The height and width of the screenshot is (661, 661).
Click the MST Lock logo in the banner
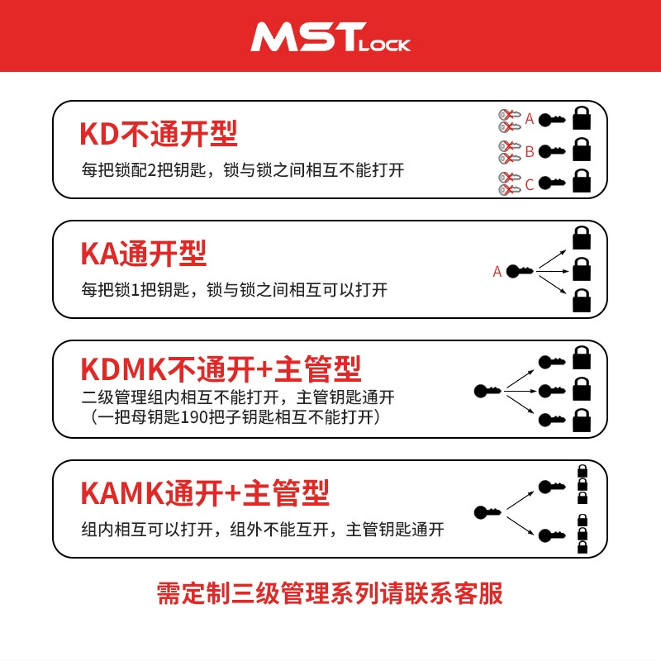tap(330, 37)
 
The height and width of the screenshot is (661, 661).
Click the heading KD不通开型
tap(159, 134)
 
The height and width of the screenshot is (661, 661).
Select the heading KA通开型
tap(143, 254)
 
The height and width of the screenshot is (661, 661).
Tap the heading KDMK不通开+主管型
tap(221, 369)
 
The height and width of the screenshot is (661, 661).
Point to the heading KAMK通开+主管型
tap(205, 492)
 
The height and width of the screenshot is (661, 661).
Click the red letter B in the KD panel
tap(530, 151)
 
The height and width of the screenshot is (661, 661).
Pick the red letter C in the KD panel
tap(530, 184)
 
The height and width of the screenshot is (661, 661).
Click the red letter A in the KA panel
tap(497, 272)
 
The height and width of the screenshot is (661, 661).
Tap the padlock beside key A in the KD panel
tap(582, 118)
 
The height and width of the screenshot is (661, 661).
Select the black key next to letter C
tap(552, 183)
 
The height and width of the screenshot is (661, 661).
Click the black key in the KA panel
tap(520, 271)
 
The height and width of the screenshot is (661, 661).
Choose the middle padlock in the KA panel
tap(582, 269)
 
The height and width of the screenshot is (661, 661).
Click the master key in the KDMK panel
tap(487, 391)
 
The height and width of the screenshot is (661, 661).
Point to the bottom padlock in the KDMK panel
tap(582, 420)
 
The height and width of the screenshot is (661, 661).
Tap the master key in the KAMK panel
tap(487, 512)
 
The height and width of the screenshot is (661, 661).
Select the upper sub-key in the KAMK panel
tap(552, 487)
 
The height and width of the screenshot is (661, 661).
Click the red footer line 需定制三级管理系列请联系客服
tap(330, 593)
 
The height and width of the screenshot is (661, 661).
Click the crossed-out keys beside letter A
tap(509, 121)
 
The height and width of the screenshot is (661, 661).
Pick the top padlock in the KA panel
tap(582, 238)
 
